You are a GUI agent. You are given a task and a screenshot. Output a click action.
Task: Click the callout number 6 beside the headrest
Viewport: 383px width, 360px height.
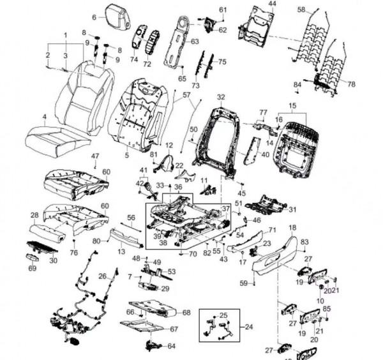point(94,17)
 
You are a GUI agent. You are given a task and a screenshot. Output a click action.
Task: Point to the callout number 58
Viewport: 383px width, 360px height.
point(301,9)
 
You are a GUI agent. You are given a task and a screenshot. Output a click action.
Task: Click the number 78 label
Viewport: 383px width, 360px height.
point(351,84)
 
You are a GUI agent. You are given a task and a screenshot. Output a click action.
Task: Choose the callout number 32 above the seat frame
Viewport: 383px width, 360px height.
point(221,98)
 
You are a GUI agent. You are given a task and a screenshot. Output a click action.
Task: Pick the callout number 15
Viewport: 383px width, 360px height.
point(292,105)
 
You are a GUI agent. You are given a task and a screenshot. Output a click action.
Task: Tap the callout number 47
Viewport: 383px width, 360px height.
point(95,156)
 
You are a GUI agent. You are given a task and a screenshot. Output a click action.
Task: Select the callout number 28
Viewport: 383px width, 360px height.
point(34,216)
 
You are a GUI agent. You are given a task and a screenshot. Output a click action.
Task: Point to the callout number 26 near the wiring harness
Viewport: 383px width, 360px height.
point(103,276)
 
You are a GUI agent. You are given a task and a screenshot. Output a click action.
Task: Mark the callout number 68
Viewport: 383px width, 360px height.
point(186,313)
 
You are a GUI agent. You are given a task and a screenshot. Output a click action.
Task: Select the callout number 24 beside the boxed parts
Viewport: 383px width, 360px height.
point(249,327)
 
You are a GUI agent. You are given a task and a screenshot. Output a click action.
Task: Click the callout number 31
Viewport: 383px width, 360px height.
point(292,210)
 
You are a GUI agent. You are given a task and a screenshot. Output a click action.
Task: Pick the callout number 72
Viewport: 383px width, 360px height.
point(147,64)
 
